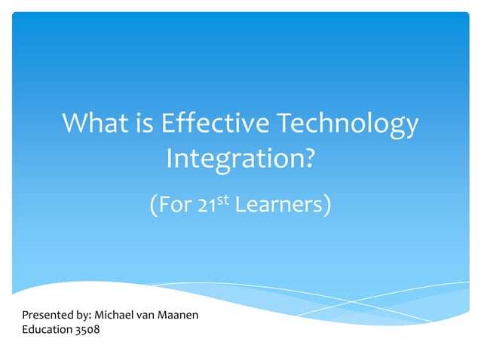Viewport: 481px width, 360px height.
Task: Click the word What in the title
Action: (95, 124)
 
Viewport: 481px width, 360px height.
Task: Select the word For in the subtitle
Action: (176, 204)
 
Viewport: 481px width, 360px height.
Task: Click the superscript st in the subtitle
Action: (224, 200)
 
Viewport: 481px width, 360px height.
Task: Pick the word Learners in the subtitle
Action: (278, 204)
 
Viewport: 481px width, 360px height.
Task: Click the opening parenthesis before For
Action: (155, 205)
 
